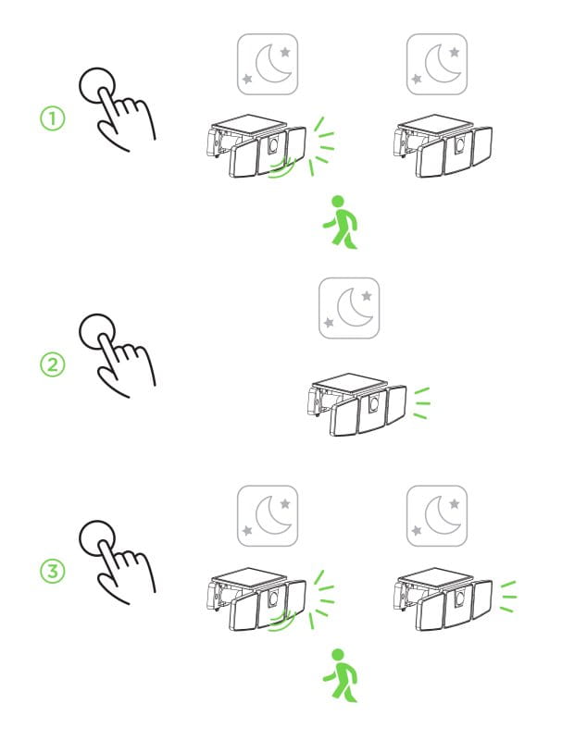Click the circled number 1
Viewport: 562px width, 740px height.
[x=52, y=118]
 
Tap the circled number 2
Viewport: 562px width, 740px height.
[x=52, y=364]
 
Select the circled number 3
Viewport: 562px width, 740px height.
[x=52, y=572]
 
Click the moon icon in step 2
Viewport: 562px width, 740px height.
[x=349, y=308]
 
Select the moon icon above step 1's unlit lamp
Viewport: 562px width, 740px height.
[x=437, y=64]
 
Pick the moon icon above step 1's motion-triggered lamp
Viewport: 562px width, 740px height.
[x=268, y=64]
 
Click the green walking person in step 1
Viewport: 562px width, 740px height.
[x=340, y=222]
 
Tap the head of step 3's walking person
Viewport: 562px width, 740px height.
[x=338, y=655]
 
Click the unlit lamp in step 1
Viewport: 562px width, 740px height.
[x=443, y=146]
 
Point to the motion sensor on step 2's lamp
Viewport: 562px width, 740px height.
[x=374, y=403]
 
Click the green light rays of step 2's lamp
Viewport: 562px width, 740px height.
[x=422, y=403]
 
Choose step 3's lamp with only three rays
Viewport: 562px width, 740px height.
[x=443, y=598]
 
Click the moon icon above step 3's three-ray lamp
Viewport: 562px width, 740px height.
[x=437, y=516]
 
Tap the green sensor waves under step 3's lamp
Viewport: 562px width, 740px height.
[x=282, y=621]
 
